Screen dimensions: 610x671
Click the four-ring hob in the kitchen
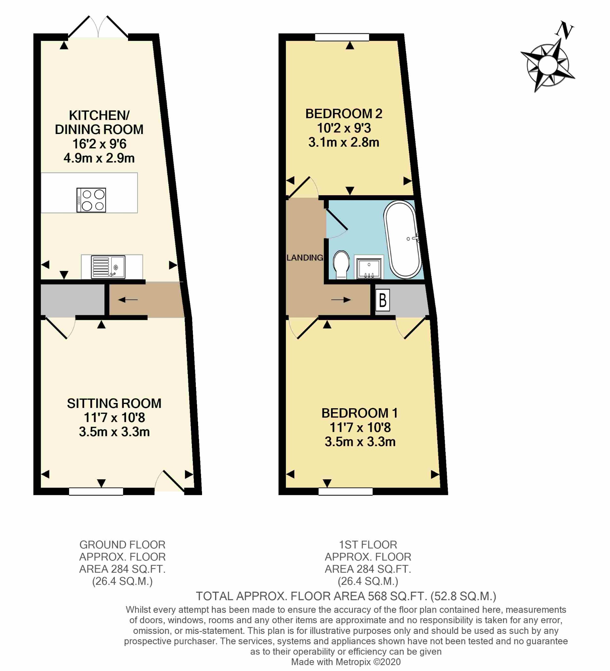91,200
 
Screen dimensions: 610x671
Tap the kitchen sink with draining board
108,267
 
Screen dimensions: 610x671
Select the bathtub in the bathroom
403,239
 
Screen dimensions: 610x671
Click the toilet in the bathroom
341,265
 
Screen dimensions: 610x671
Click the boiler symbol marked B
382,300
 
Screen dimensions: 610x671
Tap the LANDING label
305,258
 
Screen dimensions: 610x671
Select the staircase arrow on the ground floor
128,300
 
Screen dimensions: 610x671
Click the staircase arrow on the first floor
341,300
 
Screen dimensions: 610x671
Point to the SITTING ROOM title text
114,403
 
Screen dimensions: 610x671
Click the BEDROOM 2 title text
344,114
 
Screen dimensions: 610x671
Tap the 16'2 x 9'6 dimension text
100,144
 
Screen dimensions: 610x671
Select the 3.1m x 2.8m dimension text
344,143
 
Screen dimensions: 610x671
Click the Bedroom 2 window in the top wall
342,37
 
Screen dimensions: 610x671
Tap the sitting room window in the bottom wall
96,491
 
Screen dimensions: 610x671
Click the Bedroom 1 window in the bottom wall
345,491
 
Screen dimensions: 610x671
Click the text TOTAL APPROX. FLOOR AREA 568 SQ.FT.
311,596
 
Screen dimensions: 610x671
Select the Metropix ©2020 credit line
346,662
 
